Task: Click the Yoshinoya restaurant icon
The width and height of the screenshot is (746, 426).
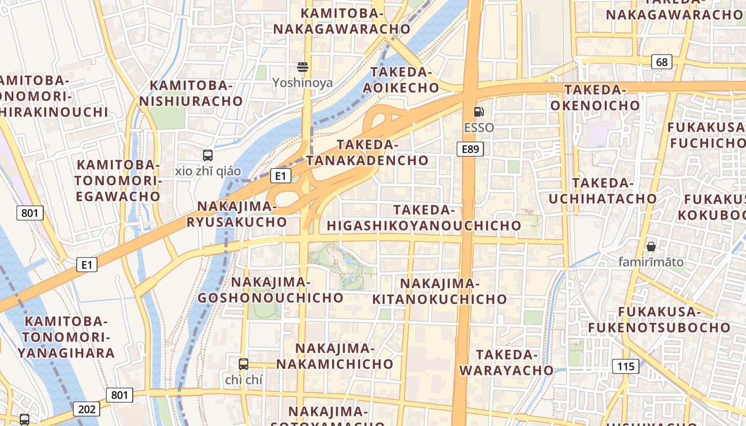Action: click(x=303, y=67)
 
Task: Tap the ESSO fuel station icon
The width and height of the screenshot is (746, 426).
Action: click(x=479, y=112)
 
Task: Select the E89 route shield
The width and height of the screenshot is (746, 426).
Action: click(x=470, y=149)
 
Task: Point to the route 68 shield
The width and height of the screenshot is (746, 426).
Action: click(x=661, y=62)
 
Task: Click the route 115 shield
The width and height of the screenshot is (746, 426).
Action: click(x=626, y=366)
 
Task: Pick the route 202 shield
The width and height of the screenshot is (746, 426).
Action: click(x=86, y=409)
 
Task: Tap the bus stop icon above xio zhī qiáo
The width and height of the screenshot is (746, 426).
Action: click(x=208, y=155)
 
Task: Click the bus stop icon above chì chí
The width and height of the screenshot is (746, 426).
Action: click(x=244, y=364)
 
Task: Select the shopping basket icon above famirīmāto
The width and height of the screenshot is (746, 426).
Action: click(x=651, y=247)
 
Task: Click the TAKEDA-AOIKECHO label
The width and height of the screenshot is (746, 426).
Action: click(x=401, y=80)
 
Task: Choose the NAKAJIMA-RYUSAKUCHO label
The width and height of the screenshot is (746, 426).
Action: click(x=237, y=214)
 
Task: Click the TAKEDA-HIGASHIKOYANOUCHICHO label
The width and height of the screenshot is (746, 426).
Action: click(x=424, y=218)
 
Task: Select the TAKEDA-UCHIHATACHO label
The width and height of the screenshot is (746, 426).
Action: click(x=603, y=191)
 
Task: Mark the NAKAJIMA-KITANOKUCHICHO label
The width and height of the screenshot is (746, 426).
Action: click(x=440, y=291)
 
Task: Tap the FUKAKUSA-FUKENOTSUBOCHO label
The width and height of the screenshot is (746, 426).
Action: click(x=659, y=319)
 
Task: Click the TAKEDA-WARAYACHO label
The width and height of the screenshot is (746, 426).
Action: click(x=506, y=362)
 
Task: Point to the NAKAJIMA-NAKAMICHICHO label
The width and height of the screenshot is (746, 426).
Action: click(x=335, y=356)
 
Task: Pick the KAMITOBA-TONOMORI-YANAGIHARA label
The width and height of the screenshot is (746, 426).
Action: click(x=66, y=337)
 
